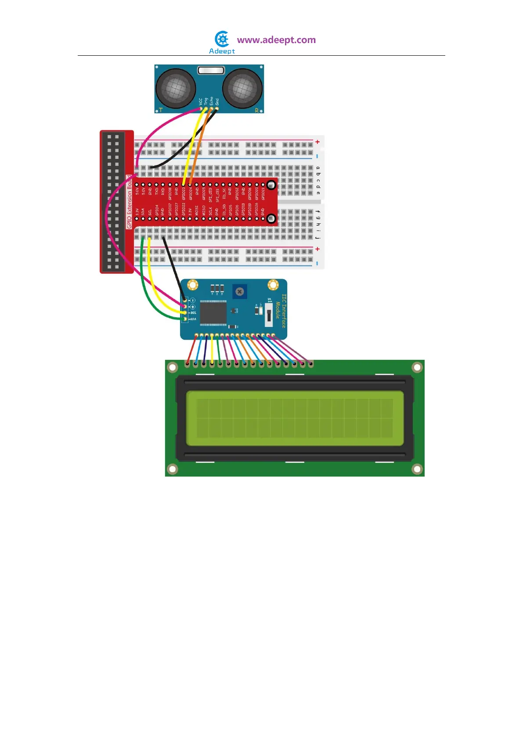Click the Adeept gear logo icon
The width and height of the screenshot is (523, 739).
click(x=222, y=39)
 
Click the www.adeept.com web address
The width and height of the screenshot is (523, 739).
click(x=276, y=40)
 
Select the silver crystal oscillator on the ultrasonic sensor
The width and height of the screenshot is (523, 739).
click(x=211, y=70)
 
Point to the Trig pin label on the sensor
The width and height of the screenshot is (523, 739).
click(x=206, y=101)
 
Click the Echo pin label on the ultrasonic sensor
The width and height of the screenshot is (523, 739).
click(x=211, y=101)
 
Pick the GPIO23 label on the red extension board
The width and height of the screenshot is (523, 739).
click(x=184, y=193)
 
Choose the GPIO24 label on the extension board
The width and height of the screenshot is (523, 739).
click(x=190, y=193)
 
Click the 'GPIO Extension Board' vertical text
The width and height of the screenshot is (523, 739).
click(x=129, y=202)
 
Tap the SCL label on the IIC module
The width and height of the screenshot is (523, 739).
click(x=193, y=312)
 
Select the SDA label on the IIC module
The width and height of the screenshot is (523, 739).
click(x=193, y=319)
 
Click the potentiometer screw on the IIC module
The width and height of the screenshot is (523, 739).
click(x=239, y=291)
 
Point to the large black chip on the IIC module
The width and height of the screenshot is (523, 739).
click(x=213, y=313)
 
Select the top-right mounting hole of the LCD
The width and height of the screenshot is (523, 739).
click(x=417, y=367)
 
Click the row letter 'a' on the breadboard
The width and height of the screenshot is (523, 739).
click(x=318, y=168)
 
